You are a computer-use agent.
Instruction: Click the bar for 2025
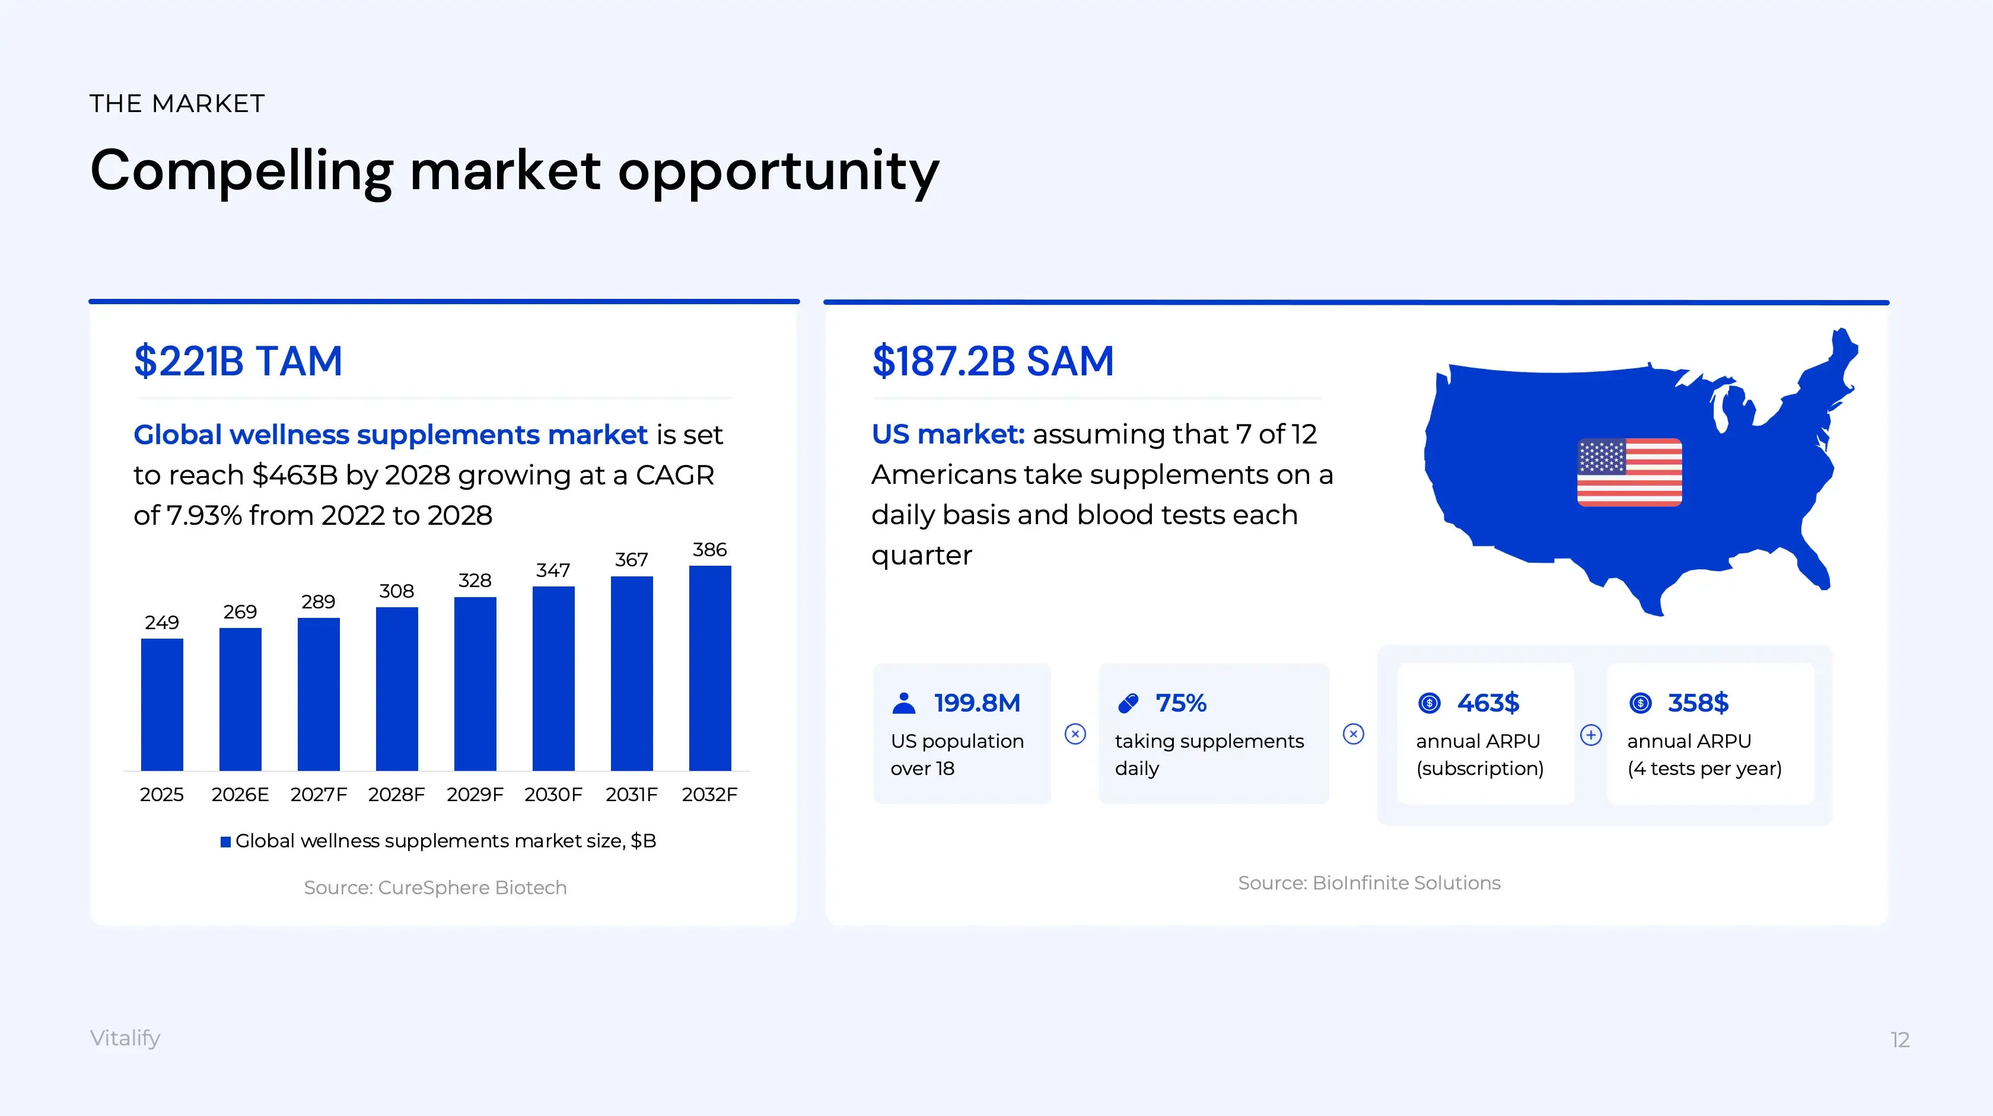click(162, 704)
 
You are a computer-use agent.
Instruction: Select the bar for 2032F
click(709, 668)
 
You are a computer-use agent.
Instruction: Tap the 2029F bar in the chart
click(475, 684)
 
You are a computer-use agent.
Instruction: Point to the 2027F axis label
click(319, 794)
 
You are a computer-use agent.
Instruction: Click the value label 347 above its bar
click(553, 570)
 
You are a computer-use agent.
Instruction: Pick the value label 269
click(240, 612)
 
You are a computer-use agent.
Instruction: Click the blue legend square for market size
click(225, 841)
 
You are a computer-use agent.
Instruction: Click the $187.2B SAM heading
click(992, 361)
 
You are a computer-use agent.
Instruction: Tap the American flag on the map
click(1629, 473)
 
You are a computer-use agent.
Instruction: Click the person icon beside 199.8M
click(903, 703)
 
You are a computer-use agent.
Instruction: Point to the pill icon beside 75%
click(1128, 703)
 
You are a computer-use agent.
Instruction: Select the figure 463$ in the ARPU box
click(1488, 703)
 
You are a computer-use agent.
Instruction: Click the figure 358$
click(1698, 703)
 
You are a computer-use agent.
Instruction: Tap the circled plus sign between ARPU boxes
click(1591, 735)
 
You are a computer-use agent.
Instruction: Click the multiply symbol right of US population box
click(1075, 734)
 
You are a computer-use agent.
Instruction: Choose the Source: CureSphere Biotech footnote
click(435, 887)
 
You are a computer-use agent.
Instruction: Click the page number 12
click(1899, 1040)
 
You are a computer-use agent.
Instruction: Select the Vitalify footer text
click(125, 1038)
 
